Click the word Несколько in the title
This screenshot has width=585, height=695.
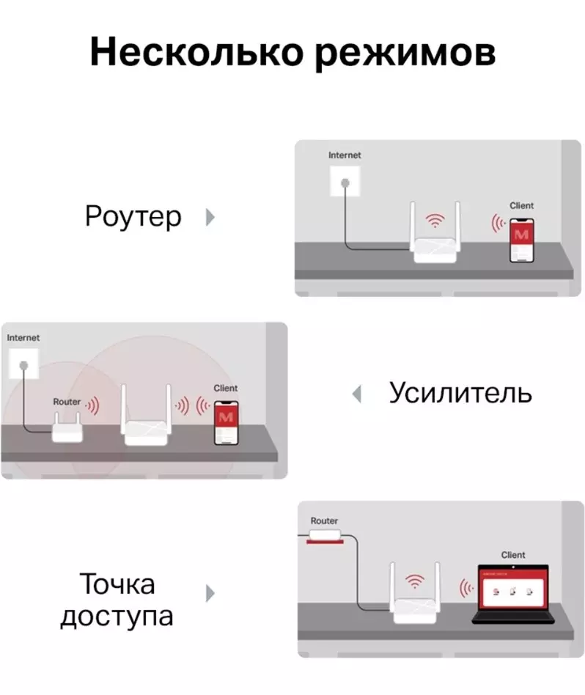pos(196,51)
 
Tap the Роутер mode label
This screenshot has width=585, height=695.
pos(133,217)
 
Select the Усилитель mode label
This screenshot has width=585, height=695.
pos(460,393)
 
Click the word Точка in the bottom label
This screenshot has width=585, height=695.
pos(117,584)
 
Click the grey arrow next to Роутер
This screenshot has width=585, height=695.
pos(210,217)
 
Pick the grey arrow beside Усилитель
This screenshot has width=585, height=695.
pos(357,394)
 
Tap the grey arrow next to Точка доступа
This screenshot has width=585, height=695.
pos(210,594)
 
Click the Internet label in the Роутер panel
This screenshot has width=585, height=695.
pos(345,155)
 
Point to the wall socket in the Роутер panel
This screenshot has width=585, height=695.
pos(345,182)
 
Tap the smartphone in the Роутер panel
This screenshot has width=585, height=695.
pos(522,240)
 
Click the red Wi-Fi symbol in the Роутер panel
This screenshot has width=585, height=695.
pos(435,220)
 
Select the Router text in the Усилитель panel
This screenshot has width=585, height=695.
pos(67,402)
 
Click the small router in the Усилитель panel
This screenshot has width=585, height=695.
pos(67,427)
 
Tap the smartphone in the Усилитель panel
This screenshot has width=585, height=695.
pos(226,423)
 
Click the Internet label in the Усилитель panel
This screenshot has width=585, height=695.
pos(23,338)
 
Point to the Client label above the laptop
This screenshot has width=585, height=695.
pos(513,555)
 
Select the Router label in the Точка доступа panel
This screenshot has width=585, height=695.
pos(324,521)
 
